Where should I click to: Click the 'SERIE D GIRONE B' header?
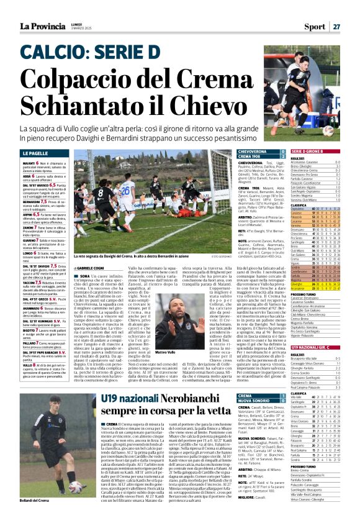point(322,152)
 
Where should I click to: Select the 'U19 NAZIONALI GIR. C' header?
point(322,347)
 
